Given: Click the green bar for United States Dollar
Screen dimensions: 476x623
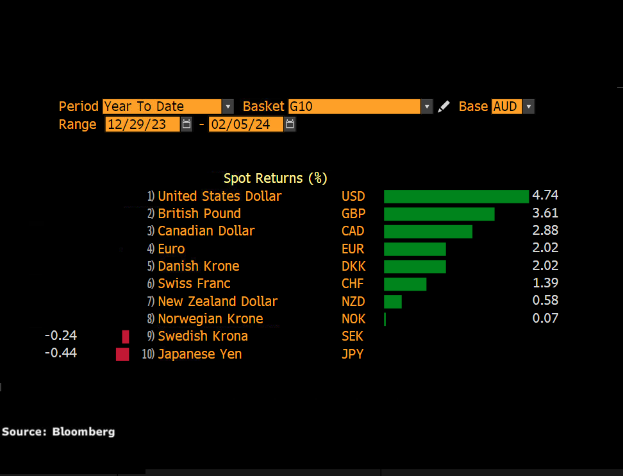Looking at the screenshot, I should click(x=456, y=196).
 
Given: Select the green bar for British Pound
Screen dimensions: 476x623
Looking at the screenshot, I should click(x=439, y=214).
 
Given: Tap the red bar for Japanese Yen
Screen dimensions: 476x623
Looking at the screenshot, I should click(x=122, y=354).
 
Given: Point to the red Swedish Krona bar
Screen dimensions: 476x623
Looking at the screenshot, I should click(x=126, y=337).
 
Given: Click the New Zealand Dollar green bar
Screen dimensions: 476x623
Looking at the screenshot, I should click(x=393, y=302).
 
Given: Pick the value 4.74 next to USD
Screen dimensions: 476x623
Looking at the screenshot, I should click(x=545, y=196).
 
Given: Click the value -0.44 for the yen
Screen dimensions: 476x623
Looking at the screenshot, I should click(x=61, y=353).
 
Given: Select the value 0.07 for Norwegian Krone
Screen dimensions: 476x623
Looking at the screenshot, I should click(x=545, y=318).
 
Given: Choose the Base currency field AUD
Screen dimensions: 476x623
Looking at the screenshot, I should click(x=506, y=106).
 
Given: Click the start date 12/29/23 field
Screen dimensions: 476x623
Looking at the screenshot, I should click(x=142, y=124).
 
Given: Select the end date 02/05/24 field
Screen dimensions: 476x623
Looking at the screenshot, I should click(x=245, y=124).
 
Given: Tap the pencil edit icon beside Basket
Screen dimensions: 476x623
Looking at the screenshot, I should click(x=444, y=106).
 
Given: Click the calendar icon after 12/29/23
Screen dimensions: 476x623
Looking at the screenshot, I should click(x=187, y=124).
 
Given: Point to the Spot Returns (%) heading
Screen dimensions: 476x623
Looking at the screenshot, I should click(x=275, y=178).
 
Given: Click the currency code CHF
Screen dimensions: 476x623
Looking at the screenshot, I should click(x=353, y=284).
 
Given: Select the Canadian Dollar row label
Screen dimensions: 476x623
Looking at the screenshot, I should click(x=206, y=231).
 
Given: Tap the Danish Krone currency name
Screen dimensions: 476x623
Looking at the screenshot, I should click(x=198, y=266).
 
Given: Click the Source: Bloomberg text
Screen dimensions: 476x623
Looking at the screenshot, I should click(x=58, y=432).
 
